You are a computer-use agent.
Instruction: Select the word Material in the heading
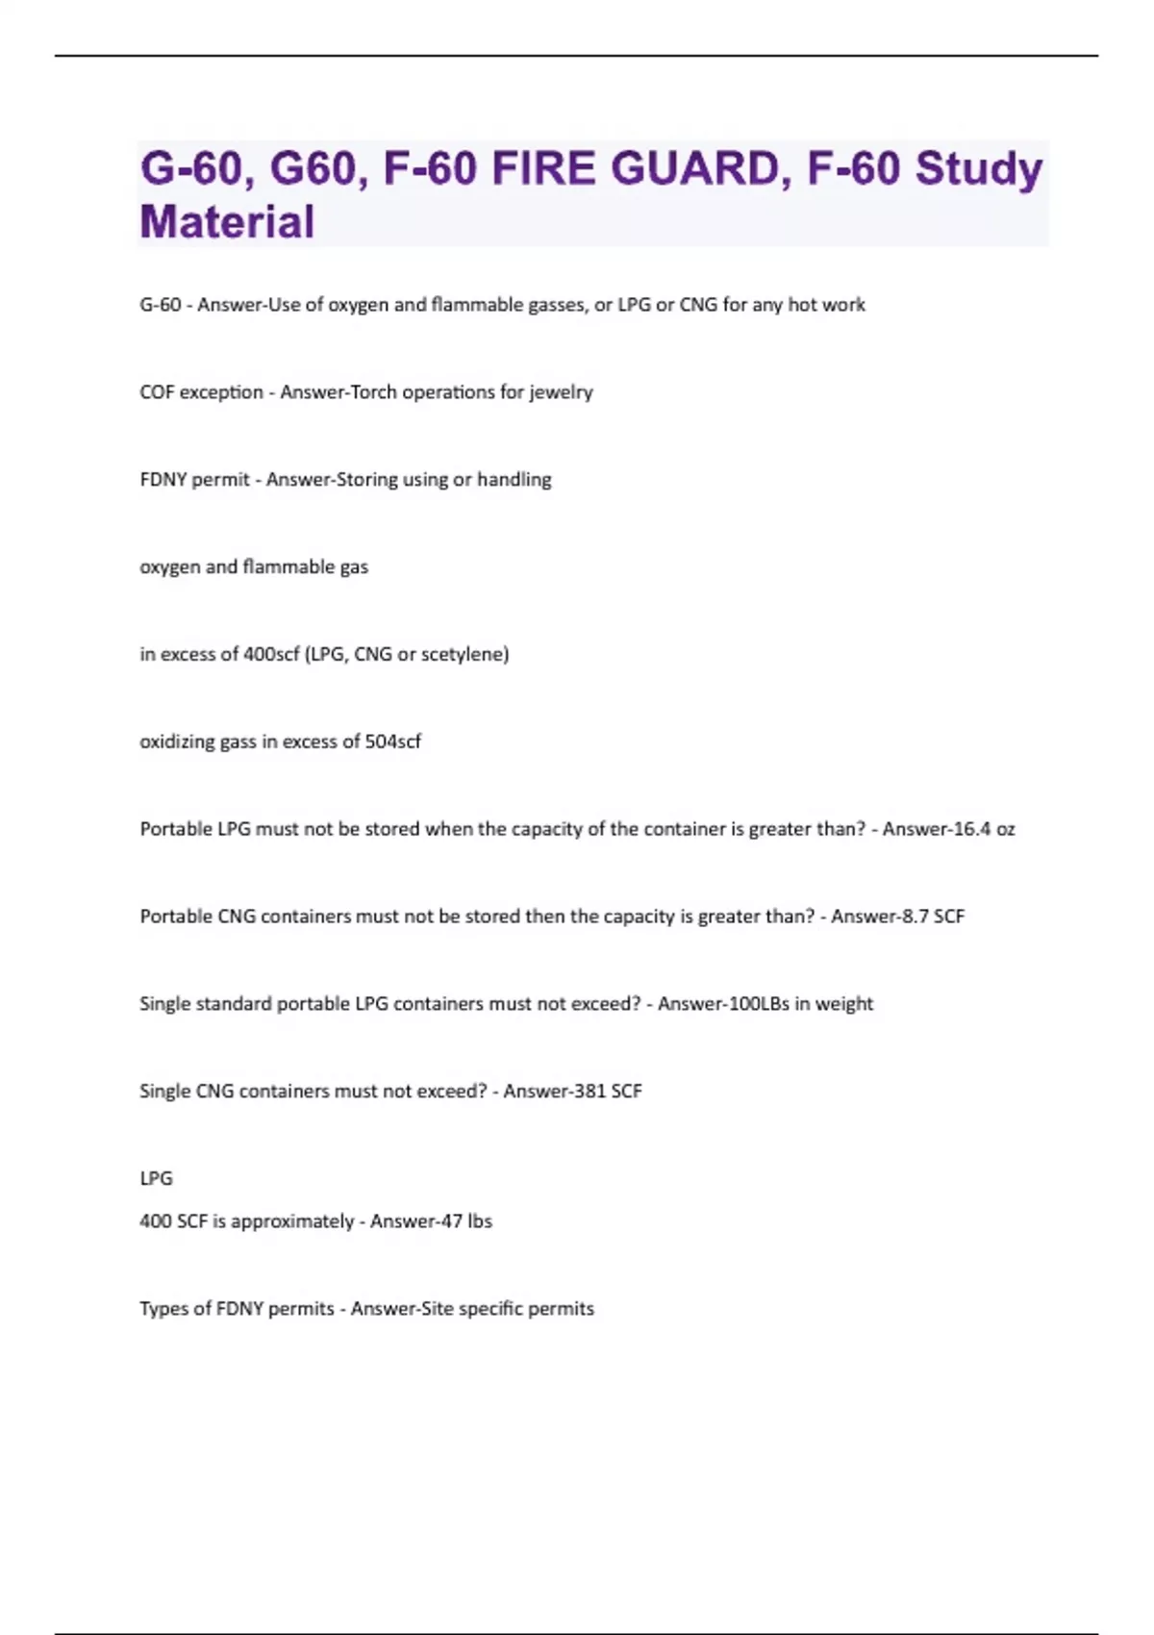pos(227,222)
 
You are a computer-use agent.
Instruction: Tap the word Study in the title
pos(978,168)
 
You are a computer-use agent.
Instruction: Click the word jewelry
pos(561,392)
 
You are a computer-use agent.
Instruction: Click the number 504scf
pos(392,742)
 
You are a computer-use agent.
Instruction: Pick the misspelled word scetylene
pos(464,654)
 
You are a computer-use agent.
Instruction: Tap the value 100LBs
pos(760,1004)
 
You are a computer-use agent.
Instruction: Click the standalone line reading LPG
pos(156,1178)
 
